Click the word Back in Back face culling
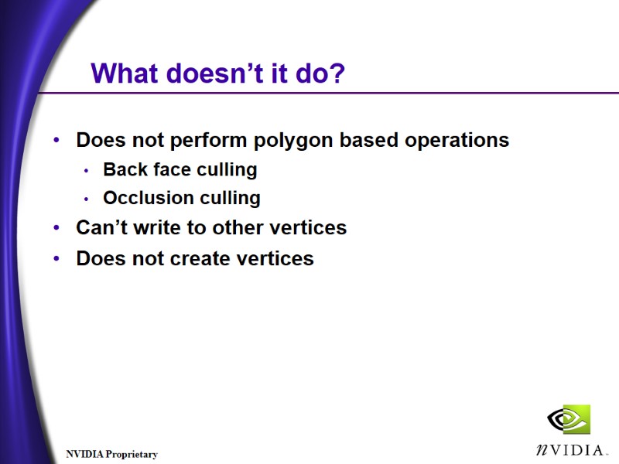124,169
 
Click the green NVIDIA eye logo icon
569,420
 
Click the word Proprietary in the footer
132,455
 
